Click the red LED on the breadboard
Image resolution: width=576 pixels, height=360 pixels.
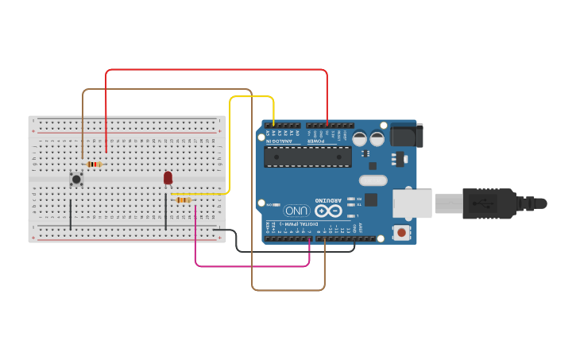point(168,178)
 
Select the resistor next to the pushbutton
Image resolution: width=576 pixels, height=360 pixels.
point(94,165)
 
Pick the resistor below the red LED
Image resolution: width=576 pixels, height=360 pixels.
point(184,199)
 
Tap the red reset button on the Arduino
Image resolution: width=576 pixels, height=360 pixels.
point(403,233)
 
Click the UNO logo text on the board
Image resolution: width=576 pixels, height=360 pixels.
point(297,211)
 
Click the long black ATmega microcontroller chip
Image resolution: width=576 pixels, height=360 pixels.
point(308,157)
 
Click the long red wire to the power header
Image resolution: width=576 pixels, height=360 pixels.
point(215,70)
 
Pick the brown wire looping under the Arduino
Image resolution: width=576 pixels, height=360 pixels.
point(286,290)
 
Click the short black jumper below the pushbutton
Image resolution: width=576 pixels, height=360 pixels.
point(70,215)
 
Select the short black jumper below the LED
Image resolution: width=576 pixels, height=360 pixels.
point(165,213)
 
